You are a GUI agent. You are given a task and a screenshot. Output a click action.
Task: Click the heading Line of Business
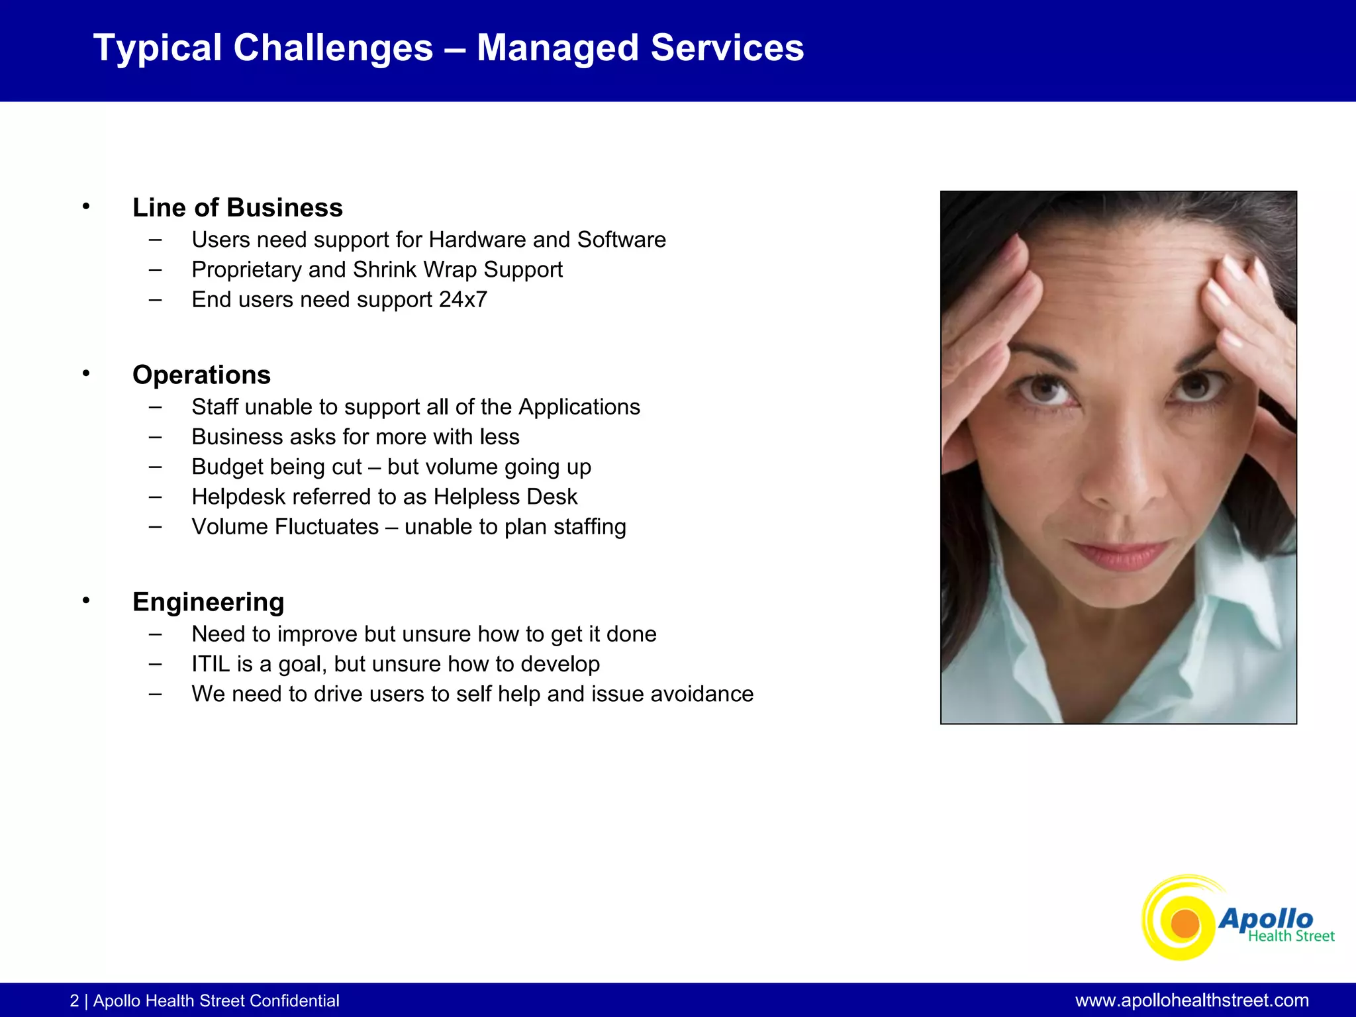tap(237, 208)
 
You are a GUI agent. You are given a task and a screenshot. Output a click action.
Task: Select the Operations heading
tap(201, 375)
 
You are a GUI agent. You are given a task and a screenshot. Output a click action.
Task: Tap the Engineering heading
tap(208, 602)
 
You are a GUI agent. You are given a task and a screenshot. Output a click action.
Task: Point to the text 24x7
tap(463, 300)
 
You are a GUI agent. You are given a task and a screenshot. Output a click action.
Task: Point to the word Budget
tap(224, 467)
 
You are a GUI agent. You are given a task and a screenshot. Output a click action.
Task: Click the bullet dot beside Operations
tap(86, 374)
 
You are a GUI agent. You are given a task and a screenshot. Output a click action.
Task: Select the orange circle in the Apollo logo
tap(1185, 924)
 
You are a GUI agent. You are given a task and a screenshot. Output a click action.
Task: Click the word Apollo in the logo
tap(1265, 918)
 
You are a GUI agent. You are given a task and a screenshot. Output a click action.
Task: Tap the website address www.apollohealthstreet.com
tap(1192, 1000)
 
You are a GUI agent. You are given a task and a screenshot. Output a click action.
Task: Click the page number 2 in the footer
tap(74, 1001)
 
